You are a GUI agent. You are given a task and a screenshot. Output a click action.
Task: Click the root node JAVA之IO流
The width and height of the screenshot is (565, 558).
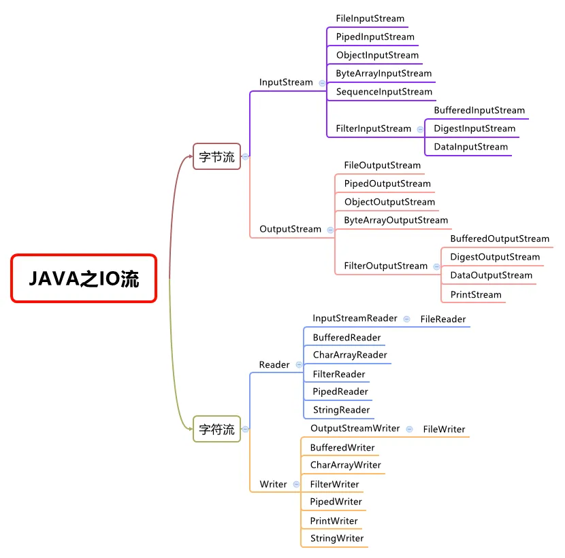pyautogui.click(x=84, y=278)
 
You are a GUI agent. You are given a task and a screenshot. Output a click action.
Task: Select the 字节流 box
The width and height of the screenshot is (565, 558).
pyautogui.click(x=216, y=156)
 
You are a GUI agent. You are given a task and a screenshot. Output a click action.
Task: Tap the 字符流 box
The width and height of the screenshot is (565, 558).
pyautogui.click(x=216, y=429)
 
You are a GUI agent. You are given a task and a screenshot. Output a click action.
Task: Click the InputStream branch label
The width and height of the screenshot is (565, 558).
pyautogui.click(x=286, y=82)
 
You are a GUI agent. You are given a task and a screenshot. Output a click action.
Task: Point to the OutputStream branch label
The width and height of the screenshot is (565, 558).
pyautogui.click(x=290, y=229)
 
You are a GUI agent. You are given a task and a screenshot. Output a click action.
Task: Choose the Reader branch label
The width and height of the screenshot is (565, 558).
pyautogui.click(x=274, y=365)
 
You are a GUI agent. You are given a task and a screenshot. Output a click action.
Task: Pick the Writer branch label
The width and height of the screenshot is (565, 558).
pyautogui.click(x=273, y=485)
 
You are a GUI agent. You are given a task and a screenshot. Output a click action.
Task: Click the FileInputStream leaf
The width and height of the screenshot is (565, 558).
pyautogui.click(x=370, y=18)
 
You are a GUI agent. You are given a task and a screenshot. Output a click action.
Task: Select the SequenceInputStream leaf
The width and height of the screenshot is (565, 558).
pyautogui.click(x=384, y=92)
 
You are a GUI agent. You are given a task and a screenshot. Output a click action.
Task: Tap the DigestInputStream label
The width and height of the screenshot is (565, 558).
pyautogui.click(x=474, y=128)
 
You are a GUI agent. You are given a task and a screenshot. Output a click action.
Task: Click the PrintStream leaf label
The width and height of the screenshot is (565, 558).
pyautogui.click(x=475, y=294)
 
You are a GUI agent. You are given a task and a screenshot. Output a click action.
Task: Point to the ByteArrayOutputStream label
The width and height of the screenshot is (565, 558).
pyautogui.click(x=395, y=220)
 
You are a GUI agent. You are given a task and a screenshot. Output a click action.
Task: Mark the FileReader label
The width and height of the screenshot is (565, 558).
pyautogui.click(x=443, y=319)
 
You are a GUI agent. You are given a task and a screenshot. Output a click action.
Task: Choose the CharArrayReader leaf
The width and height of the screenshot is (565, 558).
pyautogui.click(x=350, y=355)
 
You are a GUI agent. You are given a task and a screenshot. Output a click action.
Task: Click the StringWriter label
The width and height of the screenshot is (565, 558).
pyautogui.click(x=337, y=538)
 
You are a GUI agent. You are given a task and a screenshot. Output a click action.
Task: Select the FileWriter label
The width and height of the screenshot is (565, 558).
pyautogui.click(x=444, y=430)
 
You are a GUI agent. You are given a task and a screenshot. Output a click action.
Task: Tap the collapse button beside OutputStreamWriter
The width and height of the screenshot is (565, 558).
pyautogui.click(x=409, y=429)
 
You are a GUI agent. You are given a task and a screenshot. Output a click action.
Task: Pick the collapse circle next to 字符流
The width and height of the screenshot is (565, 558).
pyautogui.click(x=245, y=429)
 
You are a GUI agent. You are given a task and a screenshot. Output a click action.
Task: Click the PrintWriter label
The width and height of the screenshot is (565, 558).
pyautogui.click(x=334, y=521)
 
